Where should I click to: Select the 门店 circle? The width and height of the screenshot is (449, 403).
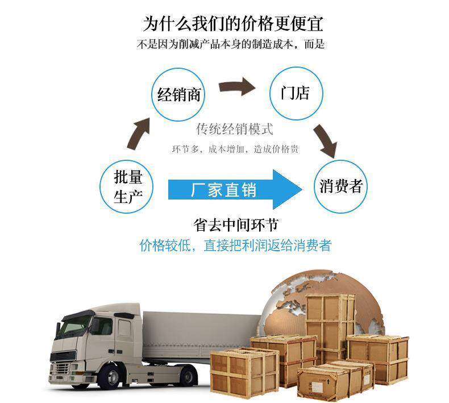[294, 93]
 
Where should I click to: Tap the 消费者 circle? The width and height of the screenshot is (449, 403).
[341, 186]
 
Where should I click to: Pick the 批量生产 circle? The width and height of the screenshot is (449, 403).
[128, 186]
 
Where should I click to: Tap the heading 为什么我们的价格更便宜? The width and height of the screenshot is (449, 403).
[233, 24]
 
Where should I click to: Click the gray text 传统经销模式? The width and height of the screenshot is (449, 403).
[234, 129]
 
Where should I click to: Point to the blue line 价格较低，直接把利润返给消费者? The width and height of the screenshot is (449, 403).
[235, 245]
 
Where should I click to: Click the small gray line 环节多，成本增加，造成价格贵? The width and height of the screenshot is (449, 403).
[235, 149]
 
